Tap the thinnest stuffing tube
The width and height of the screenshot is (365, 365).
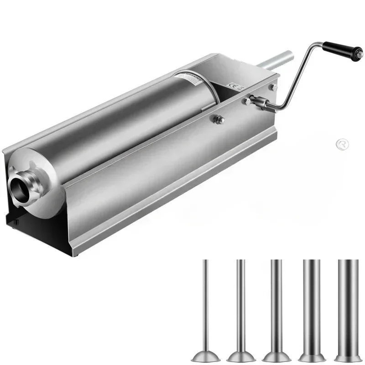pyautogui.click(x=205, y=306)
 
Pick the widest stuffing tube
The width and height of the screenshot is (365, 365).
pyautogui.click(x=346, y=306)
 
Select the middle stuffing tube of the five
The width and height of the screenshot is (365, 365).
pyautogui.click(x=276, y=306)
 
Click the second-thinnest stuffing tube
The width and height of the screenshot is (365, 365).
pyautogui.click(x=240, y=306)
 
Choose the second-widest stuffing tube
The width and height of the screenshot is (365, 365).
pyautogui.click(x=311, y=306)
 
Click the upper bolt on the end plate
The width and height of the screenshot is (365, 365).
pyautogui.click(x=272, y=87)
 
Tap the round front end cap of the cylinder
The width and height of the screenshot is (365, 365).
pyautogui.click(x=34, y=182)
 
